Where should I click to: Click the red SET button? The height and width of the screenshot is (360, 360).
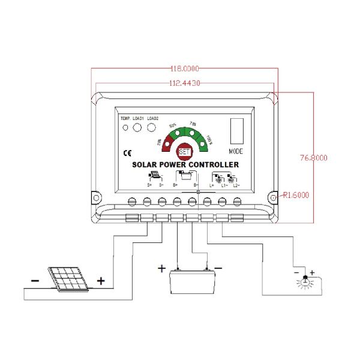[185, 153]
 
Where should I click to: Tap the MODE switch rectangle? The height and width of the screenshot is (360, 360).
[235, 131]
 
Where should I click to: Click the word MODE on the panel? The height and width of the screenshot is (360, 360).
[236, 151]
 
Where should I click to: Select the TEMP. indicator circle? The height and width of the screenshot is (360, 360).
[125, 127]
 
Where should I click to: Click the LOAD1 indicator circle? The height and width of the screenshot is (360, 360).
[137, 127]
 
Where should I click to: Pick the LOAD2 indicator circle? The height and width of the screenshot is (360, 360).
[152, 127]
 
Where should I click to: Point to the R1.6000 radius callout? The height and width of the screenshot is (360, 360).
[296, 195]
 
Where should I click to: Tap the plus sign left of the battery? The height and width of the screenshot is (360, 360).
[161, 269]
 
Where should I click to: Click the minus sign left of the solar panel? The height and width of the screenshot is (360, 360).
[35, 280]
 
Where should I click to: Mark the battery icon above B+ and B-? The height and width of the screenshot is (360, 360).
[184, 176]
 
